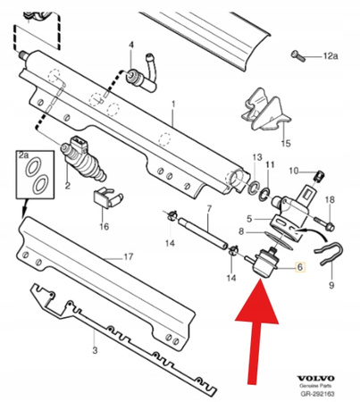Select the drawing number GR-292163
pos(326,390)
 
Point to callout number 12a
pos(332,57)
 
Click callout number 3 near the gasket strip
pos(95,352)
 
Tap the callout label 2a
pos(24,155)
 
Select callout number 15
pos(287,142)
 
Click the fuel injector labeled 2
pos(83,161)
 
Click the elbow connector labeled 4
pos(141,79)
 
